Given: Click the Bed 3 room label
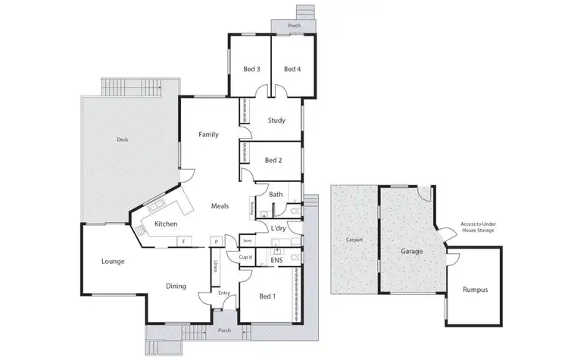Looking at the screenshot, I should [x=251, y=69].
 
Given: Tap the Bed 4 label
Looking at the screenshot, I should [x=292, y=69].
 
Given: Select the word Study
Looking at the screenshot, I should [x=276, y=119].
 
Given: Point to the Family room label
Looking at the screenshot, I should [x=208, y=134].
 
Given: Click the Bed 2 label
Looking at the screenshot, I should [x=273, y=160].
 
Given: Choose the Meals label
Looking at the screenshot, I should [x=220, y=205].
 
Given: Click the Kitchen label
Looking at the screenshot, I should [x=166, y=224].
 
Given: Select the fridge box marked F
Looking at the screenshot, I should [x=182, y=242].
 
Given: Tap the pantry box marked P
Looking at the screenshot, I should [x=216, y=242].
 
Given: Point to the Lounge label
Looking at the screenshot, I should [x=113, y=261].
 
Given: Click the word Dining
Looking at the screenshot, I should [x=176, y=286].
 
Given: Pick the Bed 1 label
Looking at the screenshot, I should [x=267, y=296].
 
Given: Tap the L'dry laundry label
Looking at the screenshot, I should [x=278, y=228].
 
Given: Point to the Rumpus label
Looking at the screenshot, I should [x=476, y=290].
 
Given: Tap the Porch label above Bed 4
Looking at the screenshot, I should [x=293, y=26].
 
